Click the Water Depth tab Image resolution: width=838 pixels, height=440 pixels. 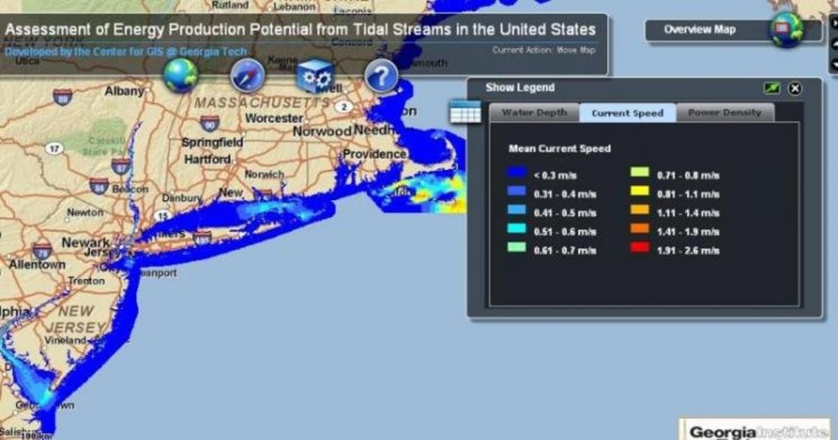[x=534, y=112]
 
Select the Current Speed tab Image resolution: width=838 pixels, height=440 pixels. [x=627, y=112]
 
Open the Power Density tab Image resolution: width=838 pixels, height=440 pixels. [x=724, y=112]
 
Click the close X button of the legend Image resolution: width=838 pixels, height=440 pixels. [x=795, y=89]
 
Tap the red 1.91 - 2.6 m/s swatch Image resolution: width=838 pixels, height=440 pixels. [x=640, y=249]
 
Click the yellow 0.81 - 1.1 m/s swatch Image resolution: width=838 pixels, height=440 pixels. [x=640, y=192]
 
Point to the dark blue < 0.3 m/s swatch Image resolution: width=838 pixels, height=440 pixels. [x=517, y=174]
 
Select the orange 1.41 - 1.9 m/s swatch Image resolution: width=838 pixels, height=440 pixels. [x=640, y=230]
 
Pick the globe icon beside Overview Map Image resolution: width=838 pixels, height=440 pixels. [x=786, y=30]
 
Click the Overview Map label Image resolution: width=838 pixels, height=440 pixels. [x=699, y=30]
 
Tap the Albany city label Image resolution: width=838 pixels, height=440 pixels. [x=124, y=91]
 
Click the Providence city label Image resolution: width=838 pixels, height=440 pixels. [x=374, y=154]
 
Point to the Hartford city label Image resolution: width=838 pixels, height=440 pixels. [x=207, y=159]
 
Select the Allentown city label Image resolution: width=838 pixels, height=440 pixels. [x=37, y=265]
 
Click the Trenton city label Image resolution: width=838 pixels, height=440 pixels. [x=86, y=281]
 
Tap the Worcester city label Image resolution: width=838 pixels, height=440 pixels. [x=274, y=118]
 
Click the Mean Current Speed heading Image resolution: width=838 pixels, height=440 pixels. [x=559, y=149]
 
